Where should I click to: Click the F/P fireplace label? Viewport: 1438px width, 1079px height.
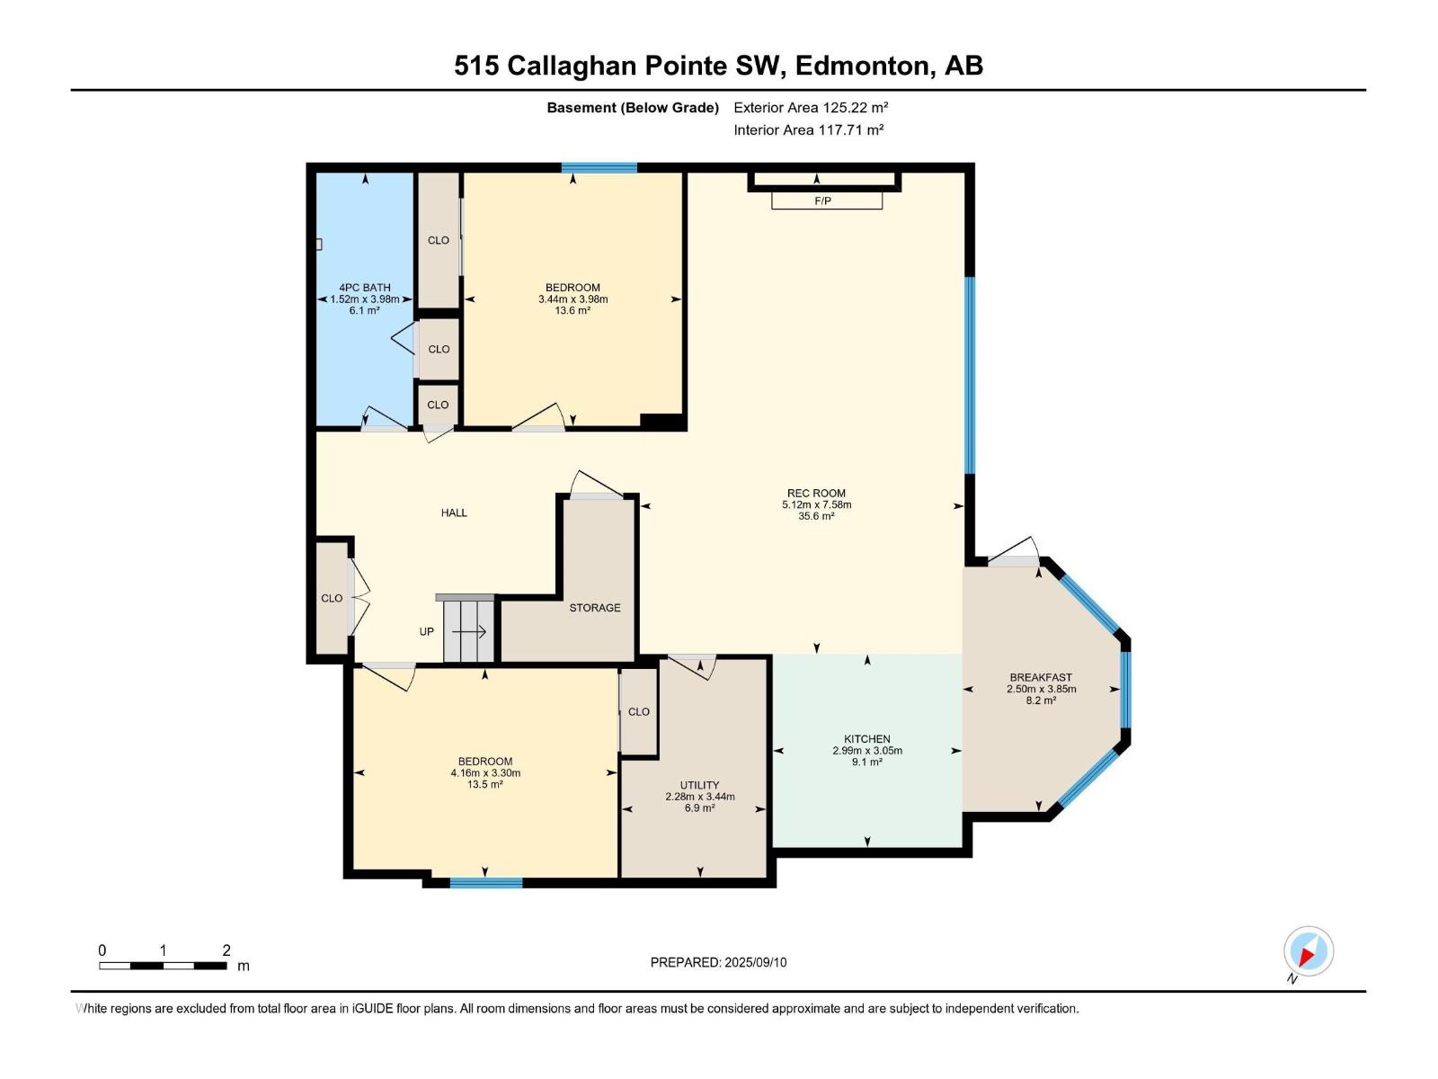click(x=822, y=201)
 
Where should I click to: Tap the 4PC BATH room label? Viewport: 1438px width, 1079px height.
click(x=364, y=288)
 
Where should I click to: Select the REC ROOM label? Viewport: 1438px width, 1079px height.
click(x=816, y=494)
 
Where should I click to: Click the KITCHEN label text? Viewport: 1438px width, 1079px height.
click(x=866, y=739)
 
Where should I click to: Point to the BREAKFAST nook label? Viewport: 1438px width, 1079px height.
click(x=1041, y=677)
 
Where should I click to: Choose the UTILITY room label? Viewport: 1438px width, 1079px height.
click(x=699, y=785)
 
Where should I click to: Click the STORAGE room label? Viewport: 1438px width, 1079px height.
click(x=594, y=608)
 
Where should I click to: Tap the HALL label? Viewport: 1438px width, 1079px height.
click(x=453, y=513)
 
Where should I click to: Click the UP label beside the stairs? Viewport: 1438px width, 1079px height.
click(x=427, y=631)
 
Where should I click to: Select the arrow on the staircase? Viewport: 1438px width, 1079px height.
click(x=469, y=631)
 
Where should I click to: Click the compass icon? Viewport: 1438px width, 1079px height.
click(x=1308, y=950)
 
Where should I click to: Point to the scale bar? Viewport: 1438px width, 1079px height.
click(x=163, y=966)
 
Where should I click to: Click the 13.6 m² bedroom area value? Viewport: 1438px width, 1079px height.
click(x=573, y=310)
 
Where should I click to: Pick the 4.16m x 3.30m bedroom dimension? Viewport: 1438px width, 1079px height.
click(x=484, y=773)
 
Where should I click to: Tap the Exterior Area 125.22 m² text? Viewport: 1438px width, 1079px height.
click(x=811, y=107)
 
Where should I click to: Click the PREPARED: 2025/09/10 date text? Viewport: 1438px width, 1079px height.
click(x=718, y=962)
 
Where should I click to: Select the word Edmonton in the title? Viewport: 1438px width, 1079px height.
click(x=865, y=66)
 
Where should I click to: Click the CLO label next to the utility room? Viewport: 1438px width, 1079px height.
click(x=639, y=711)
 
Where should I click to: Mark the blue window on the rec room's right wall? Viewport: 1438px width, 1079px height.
click(x=970, y=375)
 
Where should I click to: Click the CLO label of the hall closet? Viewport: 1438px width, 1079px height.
click(x=332, y=598)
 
